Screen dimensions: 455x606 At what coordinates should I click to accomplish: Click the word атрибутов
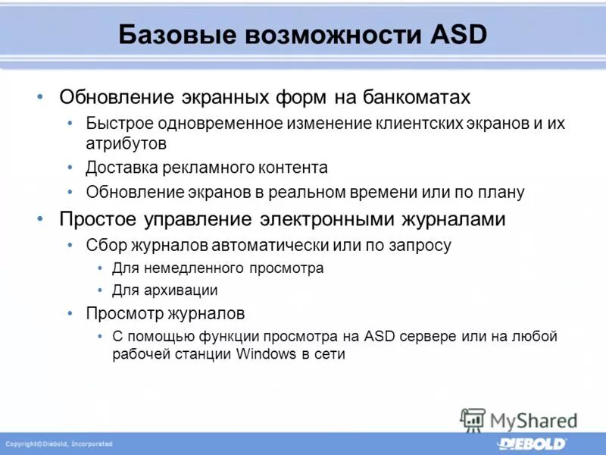pyautogui.click(x=127, y=142)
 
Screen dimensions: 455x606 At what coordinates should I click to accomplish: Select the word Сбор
pyautogui.click(x=103, y=245)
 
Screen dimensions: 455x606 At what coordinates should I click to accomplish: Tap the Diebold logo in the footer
pyautogui.click(x=531, y=443)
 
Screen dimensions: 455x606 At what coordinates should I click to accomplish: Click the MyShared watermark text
pyautogui.click(x=533, y=419)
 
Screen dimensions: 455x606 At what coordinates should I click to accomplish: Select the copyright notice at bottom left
pyautogui.click(x=59, y=444)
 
